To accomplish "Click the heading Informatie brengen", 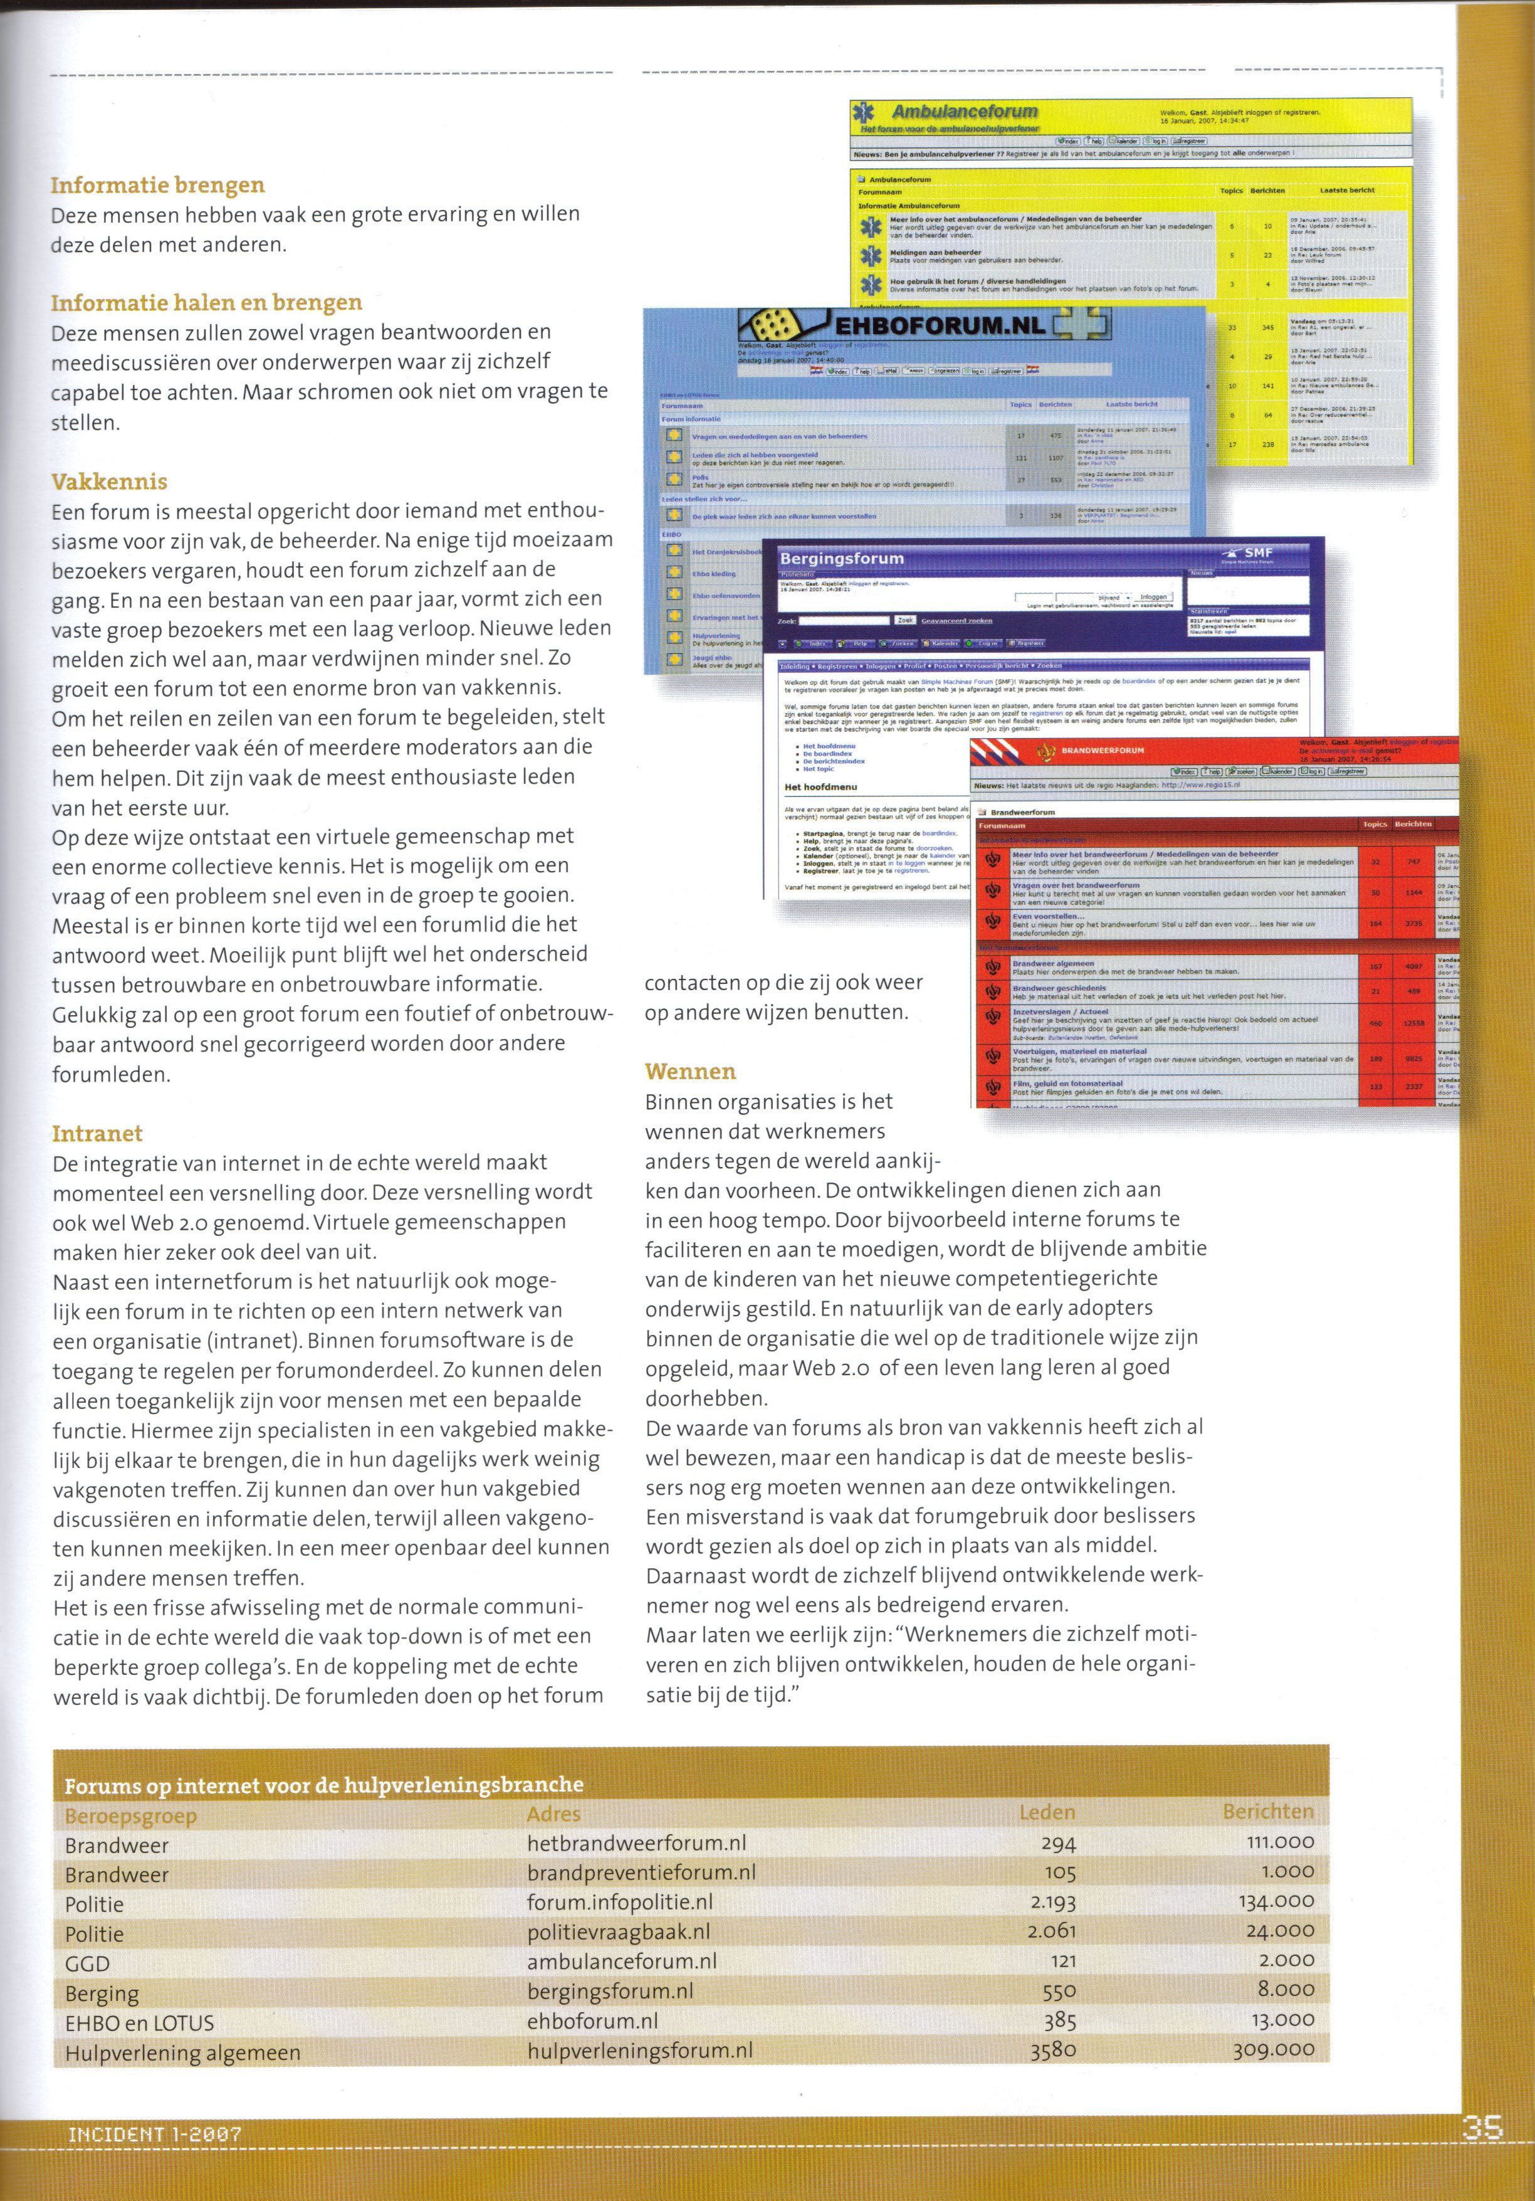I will pyautogui.click(x=157, y=185).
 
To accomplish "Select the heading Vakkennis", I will pyautogui.click(x=109, y=481).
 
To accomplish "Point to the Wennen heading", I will pyautogui.click(x=690, y=1071).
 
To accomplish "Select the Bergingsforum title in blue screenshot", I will pyautogui.click(x=841, y=558).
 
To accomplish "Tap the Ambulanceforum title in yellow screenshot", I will pyautogui.click(x=965, y=112).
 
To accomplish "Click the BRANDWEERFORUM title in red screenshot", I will pyautogui.click(x=1102, y=751).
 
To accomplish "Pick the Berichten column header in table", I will pyautogui.click(x=1267, y=1811).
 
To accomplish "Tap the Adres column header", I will pyautogui.click(x=553, y=1813).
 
